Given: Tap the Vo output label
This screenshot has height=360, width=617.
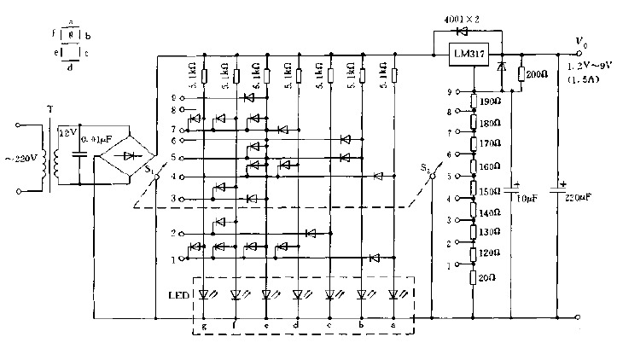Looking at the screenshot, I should pyautogui.click(x=582, y=41).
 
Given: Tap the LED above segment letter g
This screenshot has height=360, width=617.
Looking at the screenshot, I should pyautogui.click(x=204, y=295).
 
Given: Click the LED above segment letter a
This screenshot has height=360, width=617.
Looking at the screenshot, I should pyautogui.click(x=393, y=295).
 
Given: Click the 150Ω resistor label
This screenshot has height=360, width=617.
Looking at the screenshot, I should pyautogui.click(x=491, y=190).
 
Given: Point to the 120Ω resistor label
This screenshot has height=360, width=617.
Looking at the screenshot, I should pyautogui.click(x=491, y=253).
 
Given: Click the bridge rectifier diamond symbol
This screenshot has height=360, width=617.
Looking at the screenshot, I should pyautogui.click(x=128, y=156).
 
